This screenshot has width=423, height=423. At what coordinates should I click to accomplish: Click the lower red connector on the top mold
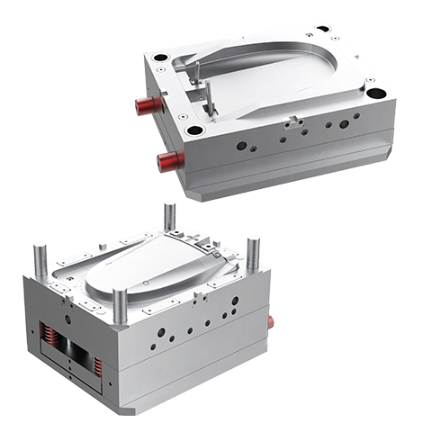[169, 161]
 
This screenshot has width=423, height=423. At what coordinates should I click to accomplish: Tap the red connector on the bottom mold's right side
[273, 317]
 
